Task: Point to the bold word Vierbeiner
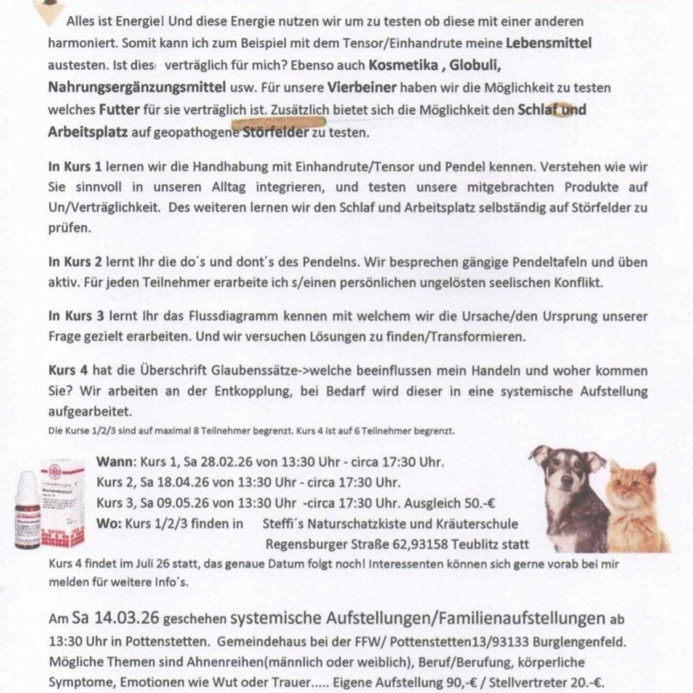pyautogui.click(x=364, y=88)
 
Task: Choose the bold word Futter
pyautogui.click(x=118, y=110)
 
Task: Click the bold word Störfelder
pyautogui.click(x=275, y=132)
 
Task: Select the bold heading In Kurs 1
pyautogui.click(x=75, y=165)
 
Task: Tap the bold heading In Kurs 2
pyautogui.click(x=75, y=261)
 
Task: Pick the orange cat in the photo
pyautogui.click(x=635, y=506)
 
